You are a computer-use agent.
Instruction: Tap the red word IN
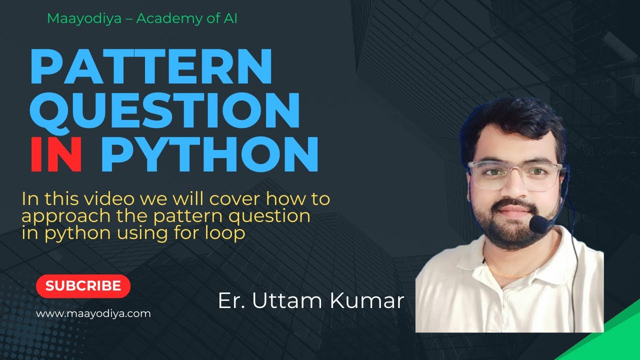[56, 155]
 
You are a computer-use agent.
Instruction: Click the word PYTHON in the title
[209, 155]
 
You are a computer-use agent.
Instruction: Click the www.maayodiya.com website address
[93, 314]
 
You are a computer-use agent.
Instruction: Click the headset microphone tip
[538, 224]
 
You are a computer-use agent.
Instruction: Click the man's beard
[510, 230]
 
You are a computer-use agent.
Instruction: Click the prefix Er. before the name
[231, 301]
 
